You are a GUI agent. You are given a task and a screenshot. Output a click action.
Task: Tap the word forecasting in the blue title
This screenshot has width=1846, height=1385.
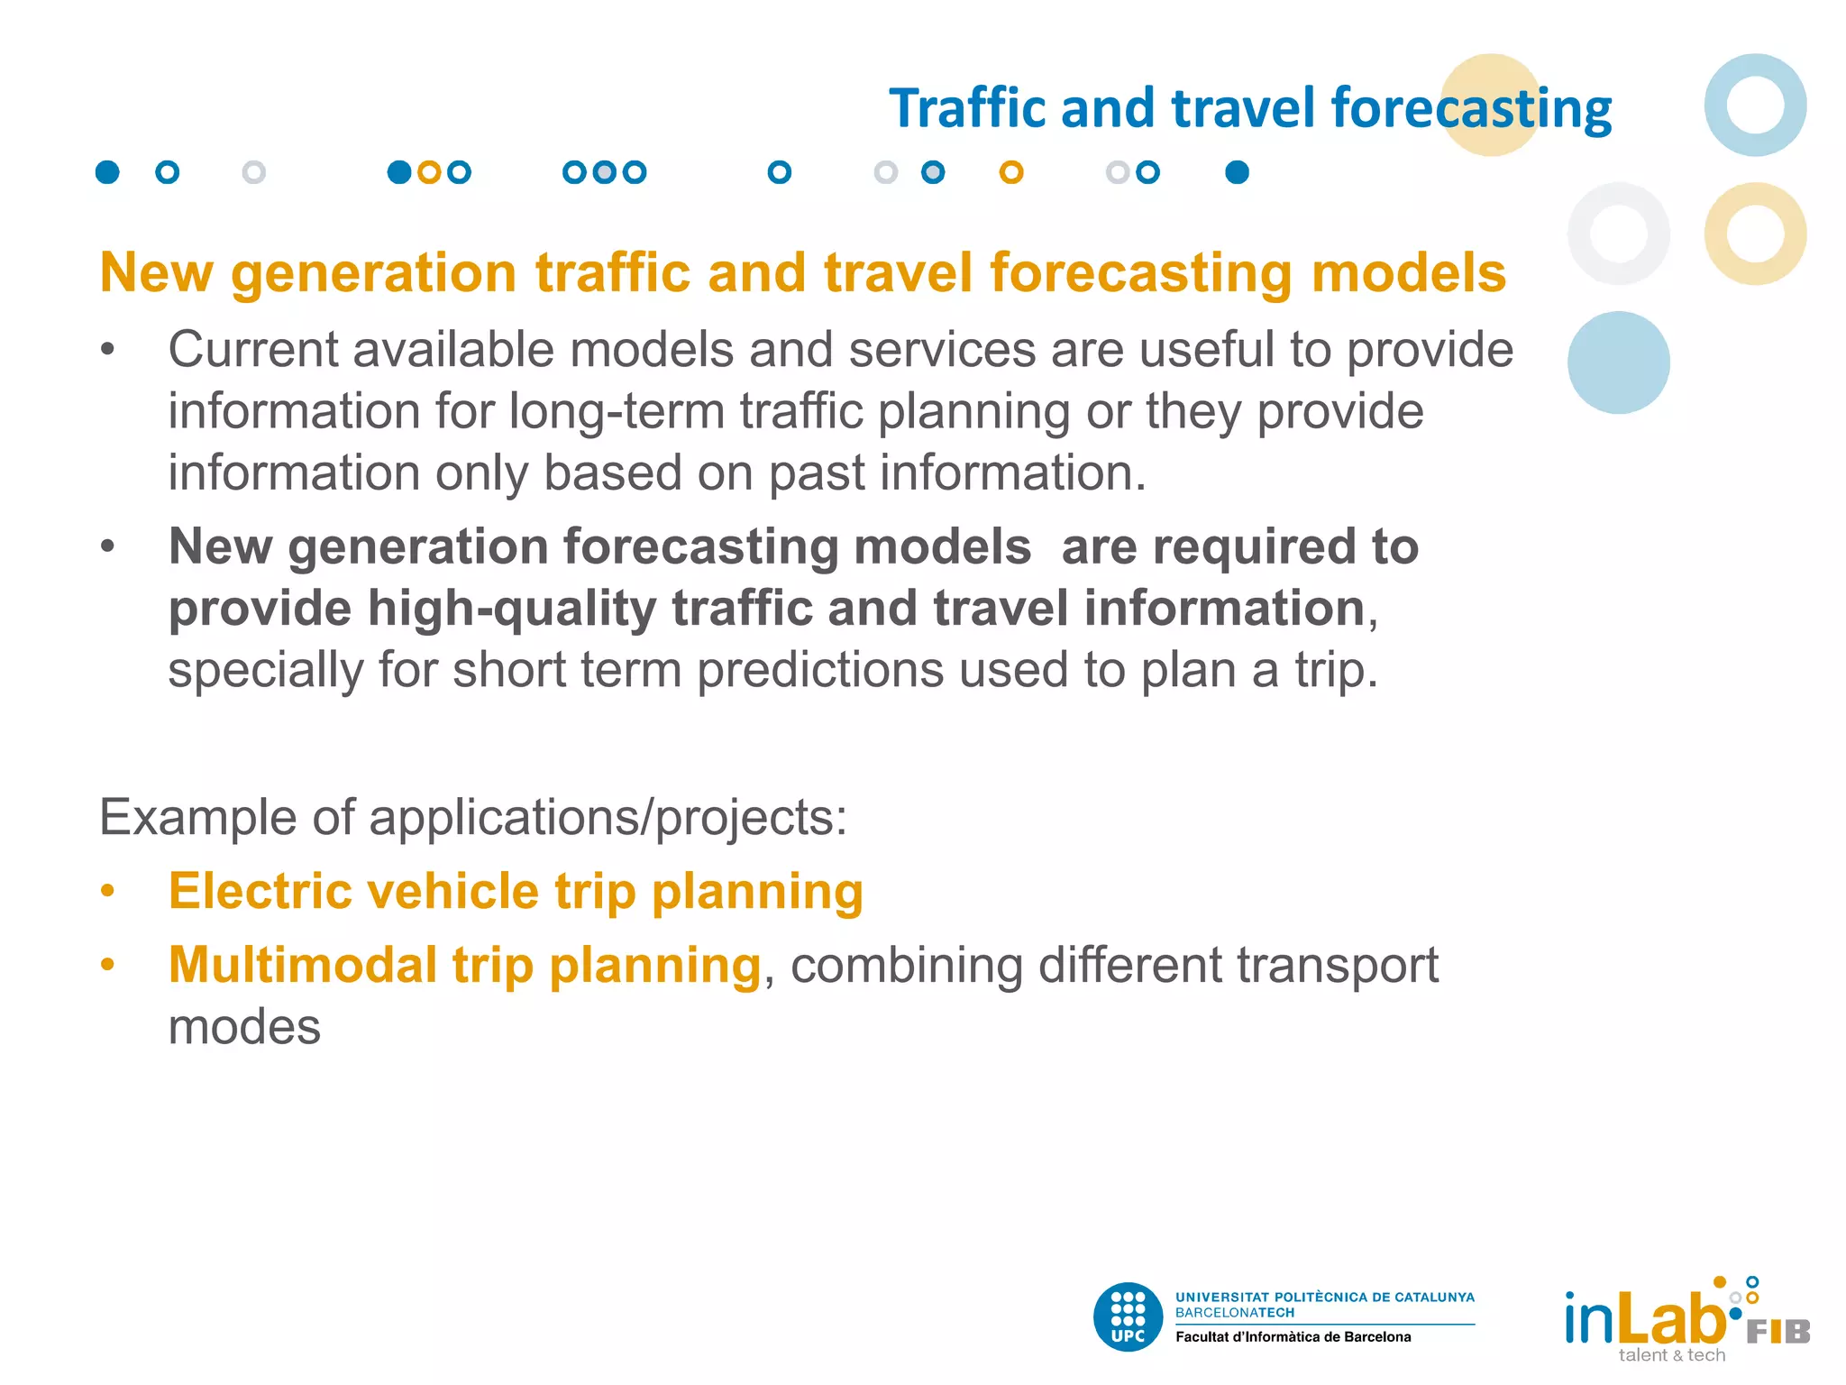pos(1470,110)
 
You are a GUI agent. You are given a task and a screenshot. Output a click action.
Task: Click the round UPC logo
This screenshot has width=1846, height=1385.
pos(1128,1317)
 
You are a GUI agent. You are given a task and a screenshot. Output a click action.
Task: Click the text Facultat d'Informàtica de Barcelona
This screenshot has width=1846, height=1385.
pos(1293,1337)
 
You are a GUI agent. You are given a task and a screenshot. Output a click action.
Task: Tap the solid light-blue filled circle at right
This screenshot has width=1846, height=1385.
pos(1618,362)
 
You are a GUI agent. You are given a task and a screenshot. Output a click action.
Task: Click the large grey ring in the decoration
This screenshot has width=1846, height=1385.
pos(1618,234)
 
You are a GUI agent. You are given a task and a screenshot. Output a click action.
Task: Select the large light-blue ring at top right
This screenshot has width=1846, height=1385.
pos(1754,105)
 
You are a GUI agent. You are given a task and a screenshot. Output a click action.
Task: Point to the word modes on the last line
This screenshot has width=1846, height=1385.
pos(244,1027)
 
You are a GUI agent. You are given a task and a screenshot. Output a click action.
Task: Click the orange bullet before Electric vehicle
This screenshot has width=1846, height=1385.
pos(108,892)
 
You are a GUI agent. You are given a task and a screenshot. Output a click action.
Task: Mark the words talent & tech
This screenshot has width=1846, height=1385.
pos(1671,1355)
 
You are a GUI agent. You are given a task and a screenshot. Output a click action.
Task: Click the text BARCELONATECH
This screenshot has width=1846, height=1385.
pos(1234,1313)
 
